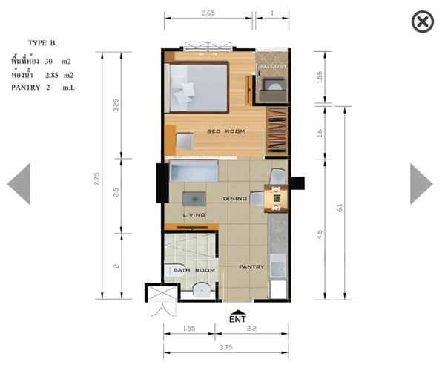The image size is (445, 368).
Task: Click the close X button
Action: (x=423, y=22)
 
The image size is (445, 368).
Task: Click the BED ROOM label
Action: (x=226, y=131)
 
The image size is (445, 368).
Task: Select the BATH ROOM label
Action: (x=194, y=270)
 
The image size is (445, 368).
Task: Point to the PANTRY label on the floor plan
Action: (x=251, y=266)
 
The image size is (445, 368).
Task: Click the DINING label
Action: (x=235, y=199)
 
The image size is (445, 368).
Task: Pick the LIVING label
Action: (x=194, y=215)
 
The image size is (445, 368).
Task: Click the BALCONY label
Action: (x=273, y=66)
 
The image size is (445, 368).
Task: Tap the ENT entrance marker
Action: (x=238, y=317)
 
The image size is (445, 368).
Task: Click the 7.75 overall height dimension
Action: (x=97, y=179)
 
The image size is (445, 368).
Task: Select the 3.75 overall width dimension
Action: (x=226, y=347)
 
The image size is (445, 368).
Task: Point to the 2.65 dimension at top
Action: (x=208, y=13)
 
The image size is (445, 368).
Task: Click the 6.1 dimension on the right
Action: (x=340, y=208)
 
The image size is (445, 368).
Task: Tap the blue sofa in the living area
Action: (x=194, y=171)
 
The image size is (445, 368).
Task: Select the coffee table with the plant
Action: (x=194, y=199)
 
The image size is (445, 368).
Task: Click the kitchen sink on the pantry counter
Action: (x=277, y=266)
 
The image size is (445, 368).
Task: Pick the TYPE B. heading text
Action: (x=42, y=43)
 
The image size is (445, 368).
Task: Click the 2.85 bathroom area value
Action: (x=52, y=75)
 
